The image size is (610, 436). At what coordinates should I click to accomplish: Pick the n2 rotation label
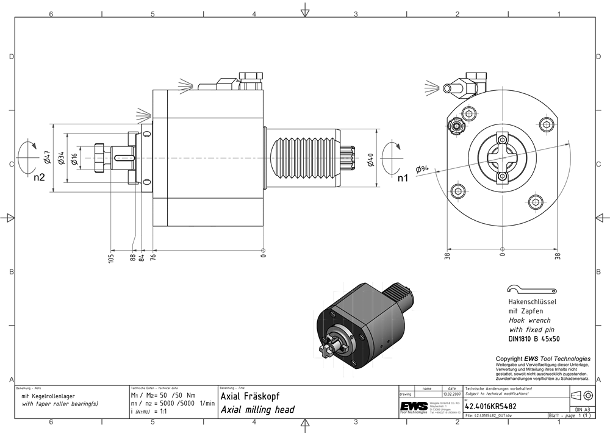(40, 178)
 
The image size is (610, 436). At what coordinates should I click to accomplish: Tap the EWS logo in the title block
(413, 407)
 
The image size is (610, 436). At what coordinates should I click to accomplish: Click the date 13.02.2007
(451, 394)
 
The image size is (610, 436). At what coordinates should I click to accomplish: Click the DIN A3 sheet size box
(581, 409)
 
